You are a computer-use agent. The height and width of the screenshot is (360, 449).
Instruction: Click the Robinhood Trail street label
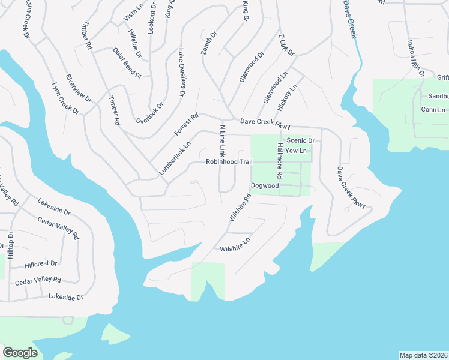click(229, 161)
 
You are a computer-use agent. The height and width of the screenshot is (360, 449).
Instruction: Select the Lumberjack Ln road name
click(175, 158)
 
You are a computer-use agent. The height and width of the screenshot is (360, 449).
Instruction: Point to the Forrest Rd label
click(186, 124)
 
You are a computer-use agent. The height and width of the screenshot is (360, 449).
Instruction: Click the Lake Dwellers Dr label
click(181, 74)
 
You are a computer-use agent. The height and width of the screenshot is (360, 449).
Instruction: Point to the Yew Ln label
click(297, 150)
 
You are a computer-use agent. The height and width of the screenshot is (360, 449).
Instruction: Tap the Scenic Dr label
click(301, 140)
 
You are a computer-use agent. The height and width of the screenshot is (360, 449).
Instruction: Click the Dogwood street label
click(265, 186)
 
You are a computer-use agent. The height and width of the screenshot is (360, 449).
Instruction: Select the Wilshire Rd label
click(239, 208)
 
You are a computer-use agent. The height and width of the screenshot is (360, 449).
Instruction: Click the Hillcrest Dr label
click(41, 263)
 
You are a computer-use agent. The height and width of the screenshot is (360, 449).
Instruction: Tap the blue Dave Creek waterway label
click(350, 19)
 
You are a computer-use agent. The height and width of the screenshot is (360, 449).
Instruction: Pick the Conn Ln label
click(433, 110)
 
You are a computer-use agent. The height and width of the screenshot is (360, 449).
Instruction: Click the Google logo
click(20, 353)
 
